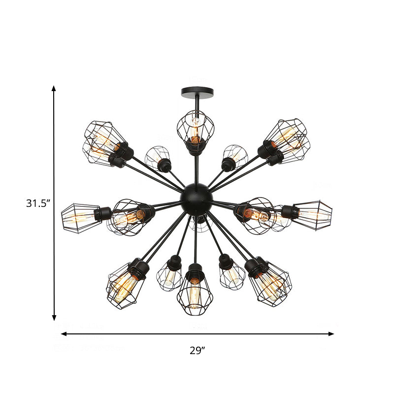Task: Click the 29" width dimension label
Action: (x=197, y=351)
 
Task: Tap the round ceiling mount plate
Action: (x=197, y=91)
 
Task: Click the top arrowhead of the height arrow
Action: (x=54, y=89)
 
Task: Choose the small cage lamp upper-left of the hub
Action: (x=158, y=158)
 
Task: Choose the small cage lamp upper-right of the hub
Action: (x=234, y=158)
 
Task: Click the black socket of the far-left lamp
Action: (x=103, y=213)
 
